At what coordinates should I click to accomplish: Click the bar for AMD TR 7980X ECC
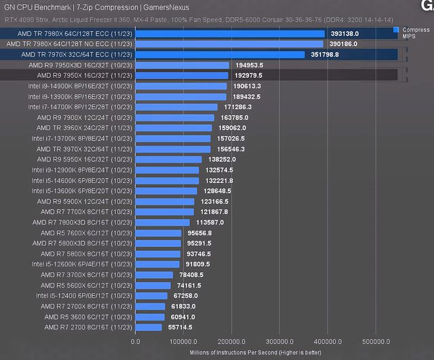(230, 33)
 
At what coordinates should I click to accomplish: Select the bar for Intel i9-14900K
(181, 86)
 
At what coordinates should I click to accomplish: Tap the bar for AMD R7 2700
(149, 327)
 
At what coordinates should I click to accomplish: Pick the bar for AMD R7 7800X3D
(163, 222)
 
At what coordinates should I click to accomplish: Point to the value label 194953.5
(248, 65)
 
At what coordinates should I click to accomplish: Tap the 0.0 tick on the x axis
(136, 342)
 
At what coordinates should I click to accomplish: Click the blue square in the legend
(396, 30)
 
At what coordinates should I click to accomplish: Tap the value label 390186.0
(344, 44)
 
